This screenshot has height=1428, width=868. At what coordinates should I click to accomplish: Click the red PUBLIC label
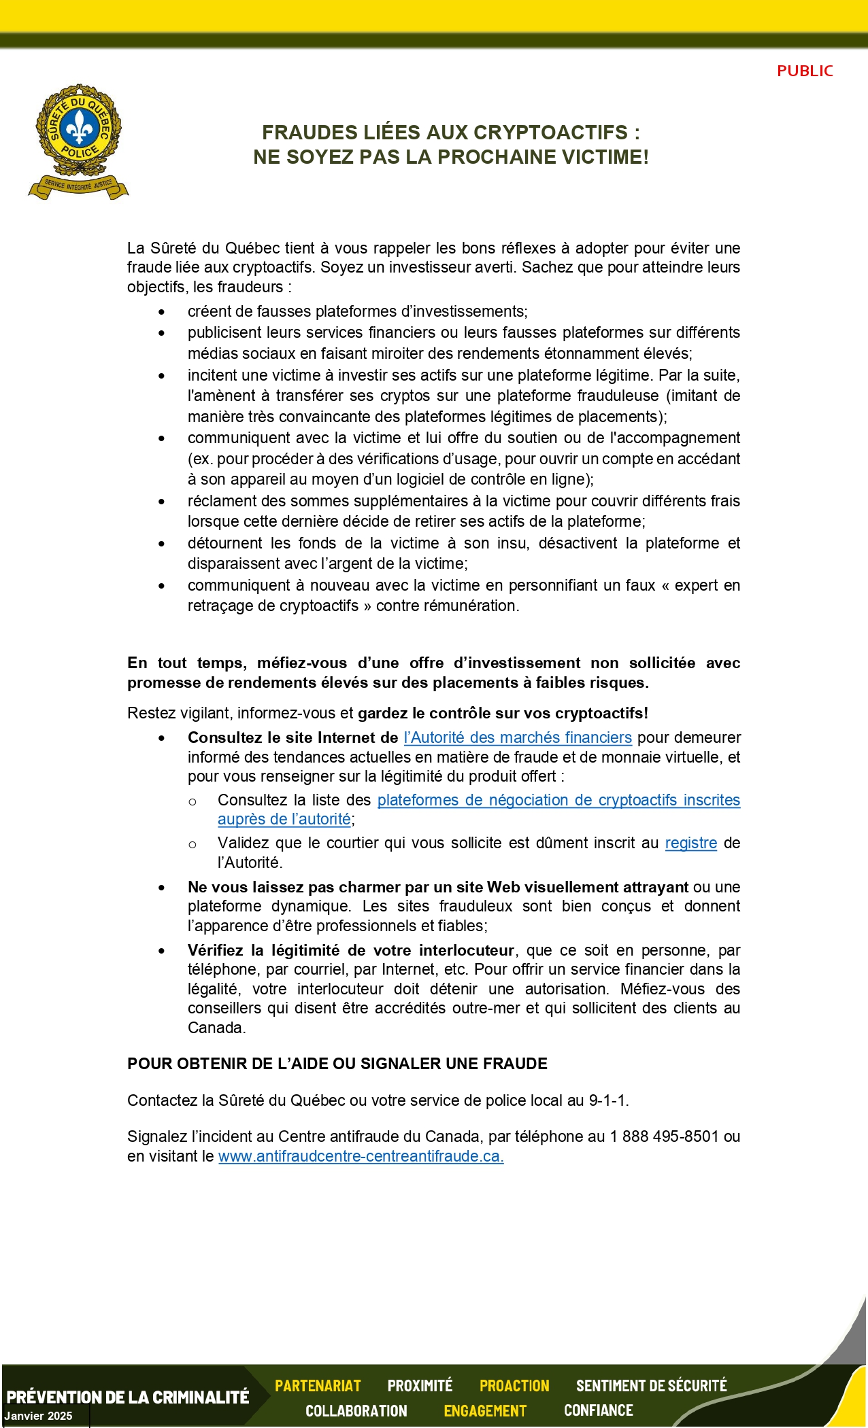805,71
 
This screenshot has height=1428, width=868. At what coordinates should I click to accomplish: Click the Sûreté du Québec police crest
79,141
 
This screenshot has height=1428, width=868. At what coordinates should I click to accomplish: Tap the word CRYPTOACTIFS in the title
550,132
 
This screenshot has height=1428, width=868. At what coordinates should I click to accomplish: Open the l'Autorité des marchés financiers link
518,737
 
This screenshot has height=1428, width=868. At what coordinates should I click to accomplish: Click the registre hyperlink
690,843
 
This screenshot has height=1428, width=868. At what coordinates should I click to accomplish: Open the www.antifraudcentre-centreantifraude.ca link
361,1156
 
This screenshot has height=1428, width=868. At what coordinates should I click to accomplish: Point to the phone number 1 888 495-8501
664,1136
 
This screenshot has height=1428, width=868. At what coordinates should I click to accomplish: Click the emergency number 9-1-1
608,1100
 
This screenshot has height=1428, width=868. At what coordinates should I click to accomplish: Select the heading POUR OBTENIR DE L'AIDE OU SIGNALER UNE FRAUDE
337,1064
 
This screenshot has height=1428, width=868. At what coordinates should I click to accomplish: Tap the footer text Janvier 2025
38,1416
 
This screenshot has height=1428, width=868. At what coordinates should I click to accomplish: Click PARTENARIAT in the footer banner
318,1386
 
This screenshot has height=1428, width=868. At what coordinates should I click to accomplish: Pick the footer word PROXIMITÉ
420,1386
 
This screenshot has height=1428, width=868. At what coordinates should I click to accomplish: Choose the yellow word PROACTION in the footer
514,1386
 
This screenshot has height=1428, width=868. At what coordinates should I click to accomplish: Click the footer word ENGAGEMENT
485,1411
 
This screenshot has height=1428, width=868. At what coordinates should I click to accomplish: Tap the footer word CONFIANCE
598,1411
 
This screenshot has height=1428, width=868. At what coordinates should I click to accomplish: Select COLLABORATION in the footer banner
356,1411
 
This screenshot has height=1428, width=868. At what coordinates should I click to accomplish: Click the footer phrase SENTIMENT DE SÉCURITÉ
651,1386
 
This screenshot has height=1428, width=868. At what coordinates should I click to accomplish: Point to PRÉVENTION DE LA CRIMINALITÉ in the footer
128,1397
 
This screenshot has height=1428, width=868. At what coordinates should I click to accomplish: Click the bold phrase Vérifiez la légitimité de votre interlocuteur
351,950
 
